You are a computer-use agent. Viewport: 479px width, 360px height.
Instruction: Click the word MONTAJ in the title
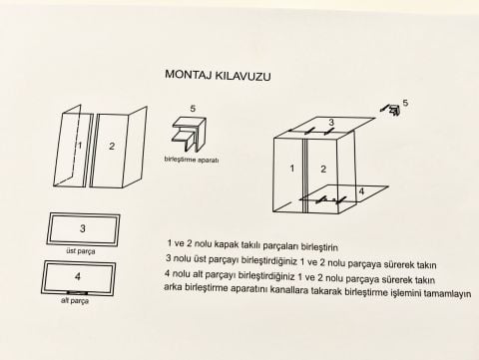186,75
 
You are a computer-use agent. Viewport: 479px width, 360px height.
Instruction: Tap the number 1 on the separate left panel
78,147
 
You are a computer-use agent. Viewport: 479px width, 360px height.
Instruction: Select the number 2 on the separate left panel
111,147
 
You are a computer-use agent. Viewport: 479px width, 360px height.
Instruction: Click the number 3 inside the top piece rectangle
83,228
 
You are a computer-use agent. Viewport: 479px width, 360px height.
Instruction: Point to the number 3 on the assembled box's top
331,123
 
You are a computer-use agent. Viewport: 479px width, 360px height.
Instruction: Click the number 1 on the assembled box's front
292,169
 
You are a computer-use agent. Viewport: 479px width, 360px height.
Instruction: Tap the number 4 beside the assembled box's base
360,190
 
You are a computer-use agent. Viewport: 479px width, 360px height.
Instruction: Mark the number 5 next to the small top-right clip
404,102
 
